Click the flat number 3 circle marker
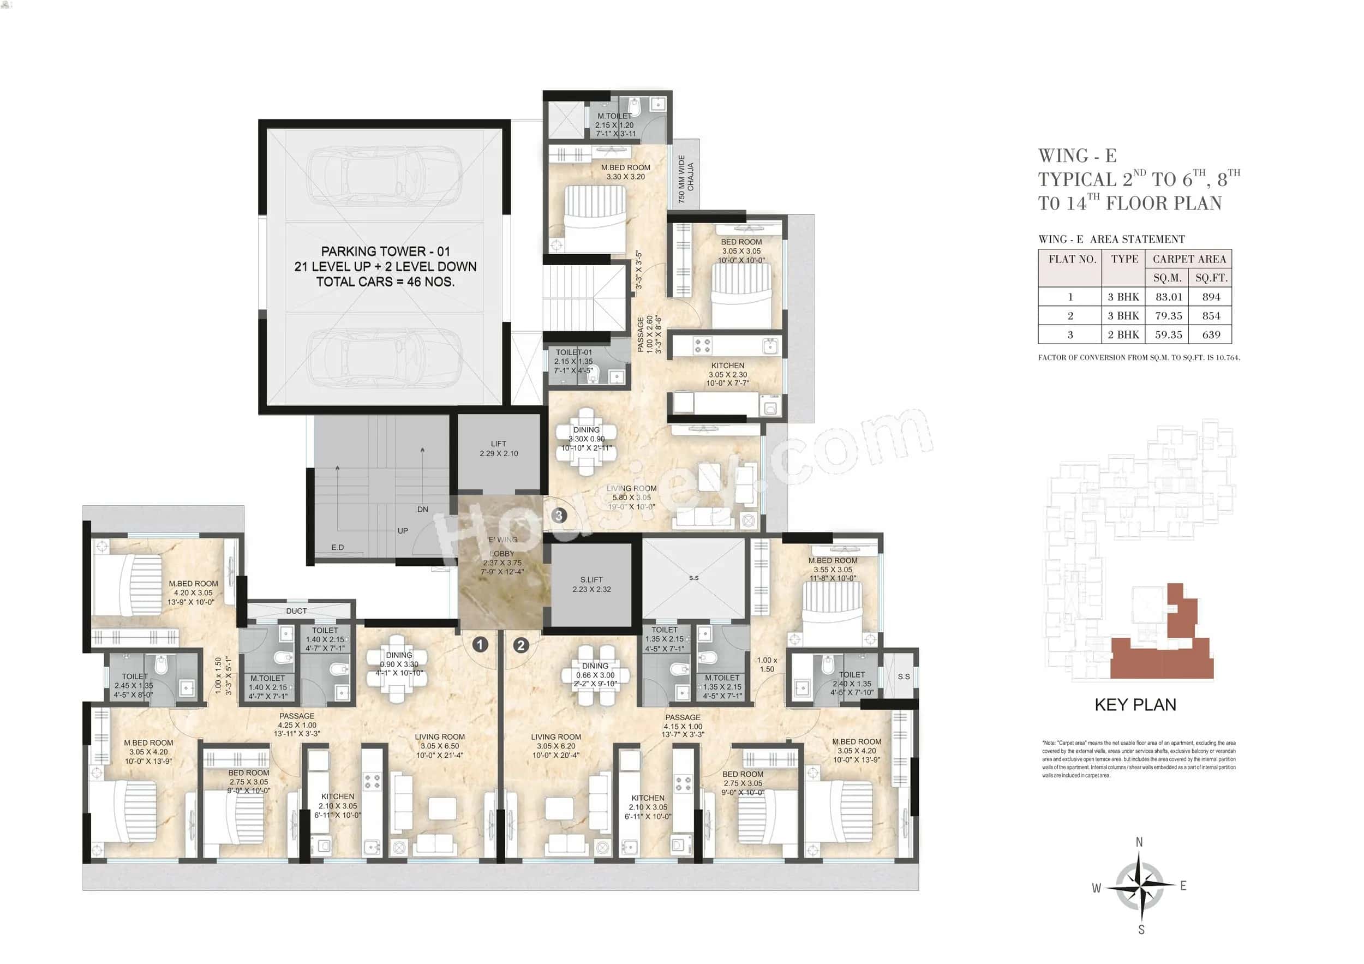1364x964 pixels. (x=559, y=516)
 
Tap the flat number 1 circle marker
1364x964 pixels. (x=480, y=644)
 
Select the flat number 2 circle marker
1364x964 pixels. (x=521, y=645)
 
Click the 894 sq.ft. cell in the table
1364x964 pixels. (x=1211, y=297)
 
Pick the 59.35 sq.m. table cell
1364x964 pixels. (x=1168, y=334)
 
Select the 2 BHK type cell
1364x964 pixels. (x=1123, y=334)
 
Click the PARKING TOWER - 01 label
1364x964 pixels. (x=385, y=252)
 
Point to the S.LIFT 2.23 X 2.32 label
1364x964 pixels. (x=591, y=584)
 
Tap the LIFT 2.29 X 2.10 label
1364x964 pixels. (x=499, y=448)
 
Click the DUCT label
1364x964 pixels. (x=296, y=611)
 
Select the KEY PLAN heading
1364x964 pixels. (x=1135, y=705)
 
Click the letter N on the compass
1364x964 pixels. (x=1139, y=842)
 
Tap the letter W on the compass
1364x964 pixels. (x=1096, y=889)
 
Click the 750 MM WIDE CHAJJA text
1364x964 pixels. (x=686, y=179)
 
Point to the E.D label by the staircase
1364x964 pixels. (x=337, y=548)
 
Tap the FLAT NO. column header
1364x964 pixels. (x=1072, y=259)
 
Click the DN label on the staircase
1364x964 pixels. (x=422, y=510)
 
